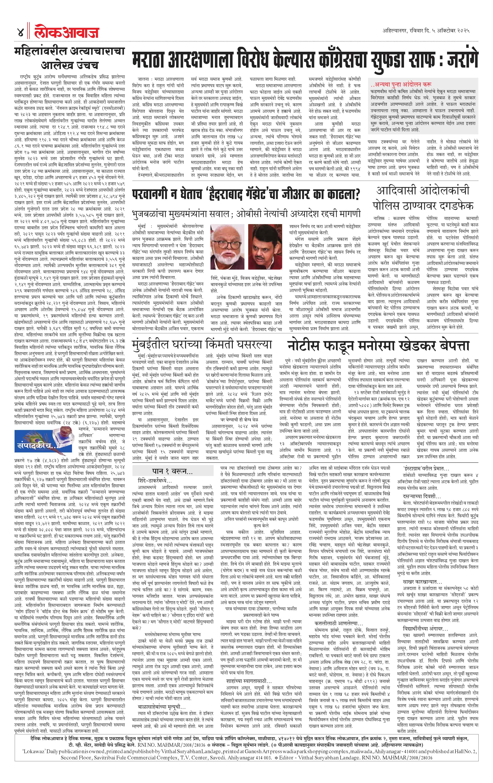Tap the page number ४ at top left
[x=20, y=33]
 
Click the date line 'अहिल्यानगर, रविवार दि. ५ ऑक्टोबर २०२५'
[x=426, y=31]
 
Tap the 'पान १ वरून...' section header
[x=172, y=471]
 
